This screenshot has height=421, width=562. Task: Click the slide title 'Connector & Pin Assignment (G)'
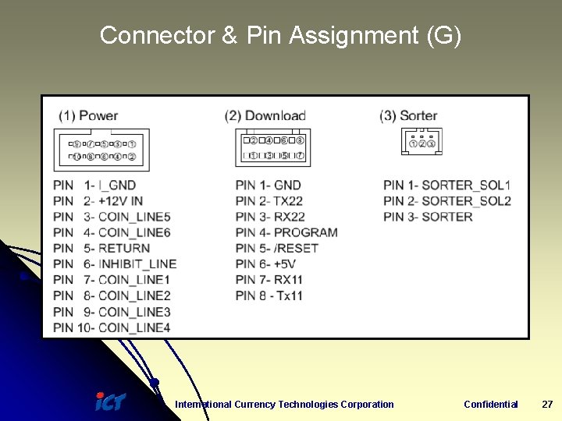[280, 35]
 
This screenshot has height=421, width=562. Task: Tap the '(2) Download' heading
[265, 115]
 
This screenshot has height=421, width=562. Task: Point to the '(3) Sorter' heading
[408, 115]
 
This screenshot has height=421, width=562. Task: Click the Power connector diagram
[101, 150]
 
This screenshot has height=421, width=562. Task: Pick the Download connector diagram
[272, 147]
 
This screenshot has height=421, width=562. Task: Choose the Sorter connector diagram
[421, 142]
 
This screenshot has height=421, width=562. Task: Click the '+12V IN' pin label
[121, 200]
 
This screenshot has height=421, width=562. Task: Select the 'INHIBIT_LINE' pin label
[137, 264]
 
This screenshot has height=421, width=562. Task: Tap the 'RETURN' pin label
[124, 248]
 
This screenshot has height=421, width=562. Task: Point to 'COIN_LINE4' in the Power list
[134, 327]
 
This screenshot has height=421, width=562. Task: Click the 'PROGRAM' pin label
[306, 232]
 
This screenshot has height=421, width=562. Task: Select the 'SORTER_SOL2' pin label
[466, 200]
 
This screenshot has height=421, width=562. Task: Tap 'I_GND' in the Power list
[117, 185]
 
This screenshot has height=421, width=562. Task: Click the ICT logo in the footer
[110, 402]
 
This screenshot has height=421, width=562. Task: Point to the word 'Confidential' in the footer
[490, 404]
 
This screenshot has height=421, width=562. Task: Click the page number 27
[547, 404]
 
